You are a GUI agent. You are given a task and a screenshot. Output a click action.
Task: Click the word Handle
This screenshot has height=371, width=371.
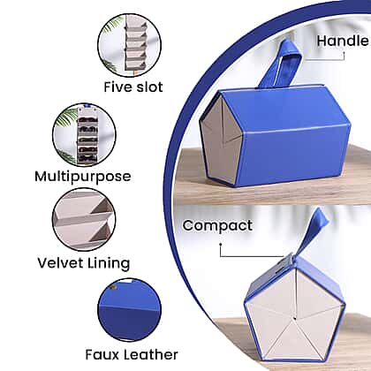pyautogui.click(x=343, y=41)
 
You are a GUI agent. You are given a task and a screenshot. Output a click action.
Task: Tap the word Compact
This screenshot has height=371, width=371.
pyautogui.click(x=217, y=226)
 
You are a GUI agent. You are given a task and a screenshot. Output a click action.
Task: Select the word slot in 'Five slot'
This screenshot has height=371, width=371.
pyautogui.click(x=148, y=87)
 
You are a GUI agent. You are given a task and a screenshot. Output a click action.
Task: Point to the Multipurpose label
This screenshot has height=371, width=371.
pyautogui.click(x=83, y=177)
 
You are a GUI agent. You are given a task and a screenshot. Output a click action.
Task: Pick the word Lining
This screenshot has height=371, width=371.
pyautogui.click(x=109, y=263)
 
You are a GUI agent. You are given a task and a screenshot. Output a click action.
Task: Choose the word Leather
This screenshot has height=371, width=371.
pyautogui.click(x=148, y=355)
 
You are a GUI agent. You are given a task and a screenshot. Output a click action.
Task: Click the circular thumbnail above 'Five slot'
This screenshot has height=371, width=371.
pyautogui.click(x=130, y=45)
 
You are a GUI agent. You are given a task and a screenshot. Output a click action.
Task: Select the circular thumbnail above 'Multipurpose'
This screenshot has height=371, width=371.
pyautogui.click(x=84, y=135)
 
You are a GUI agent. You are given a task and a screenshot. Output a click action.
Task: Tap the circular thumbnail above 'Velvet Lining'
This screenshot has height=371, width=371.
pyautogui.click(x=84, y=220)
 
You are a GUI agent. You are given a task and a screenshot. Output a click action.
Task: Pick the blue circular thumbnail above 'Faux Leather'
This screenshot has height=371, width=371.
pyautogui.click(x=130, y=310)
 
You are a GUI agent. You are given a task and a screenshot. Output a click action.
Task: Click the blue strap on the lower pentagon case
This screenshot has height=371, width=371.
pyautogui.click(x=313, y=232)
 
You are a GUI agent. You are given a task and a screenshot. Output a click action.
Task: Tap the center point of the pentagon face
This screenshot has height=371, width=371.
pyautogui.click(x=294, y=318)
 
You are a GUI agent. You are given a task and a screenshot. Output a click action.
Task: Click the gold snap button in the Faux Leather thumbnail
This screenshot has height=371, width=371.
pyautogui.click(x=114, y=286)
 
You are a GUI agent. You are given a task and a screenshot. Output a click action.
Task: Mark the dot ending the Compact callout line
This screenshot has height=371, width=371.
pyautogui.click(x=221, y=244)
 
